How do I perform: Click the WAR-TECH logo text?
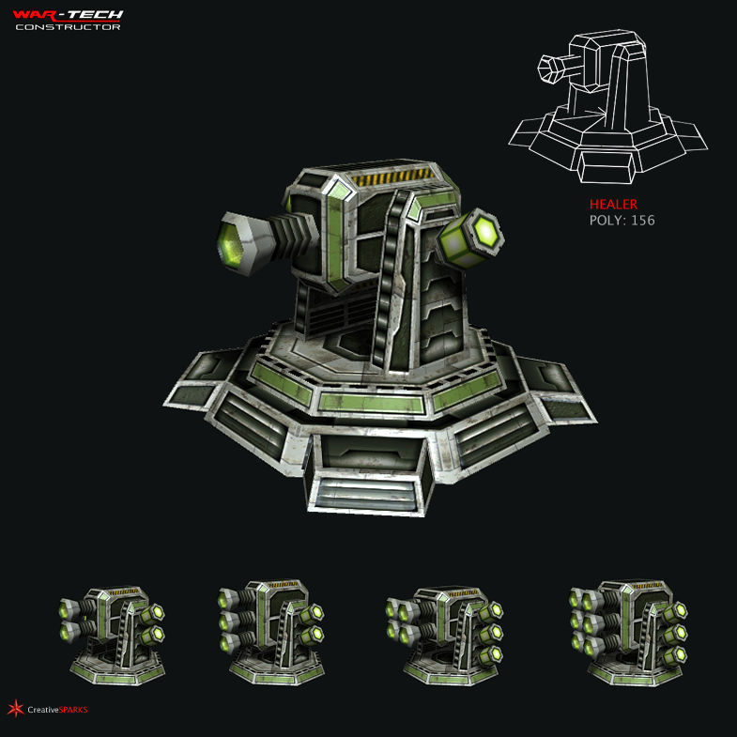coord(68,14)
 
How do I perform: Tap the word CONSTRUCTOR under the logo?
coord(68,26)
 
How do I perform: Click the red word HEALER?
coord(613,205)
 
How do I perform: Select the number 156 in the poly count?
coord(642,221)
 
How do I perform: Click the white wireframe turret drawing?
coord(606,103)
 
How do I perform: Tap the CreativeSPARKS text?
coord(56,709)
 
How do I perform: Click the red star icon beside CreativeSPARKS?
coord(14,708)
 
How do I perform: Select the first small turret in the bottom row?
coord(112,633)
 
